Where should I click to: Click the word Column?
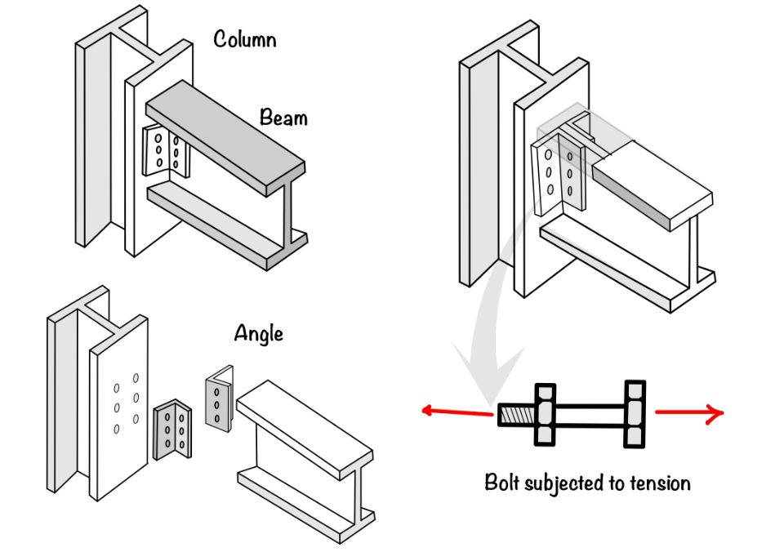[243, 38]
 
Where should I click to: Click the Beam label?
[283, 118]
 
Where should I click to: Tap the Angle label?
[258, 333]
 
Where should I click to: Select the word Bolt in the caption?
[502, 482]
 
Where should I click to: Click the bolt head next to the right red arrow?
[635, 414]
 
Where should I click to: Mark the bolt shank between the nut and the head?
[589, 414]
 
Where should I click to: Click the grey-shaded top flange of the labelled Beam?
[225, 135]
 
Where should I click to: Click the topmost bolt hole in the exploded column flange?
[136, 377]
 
